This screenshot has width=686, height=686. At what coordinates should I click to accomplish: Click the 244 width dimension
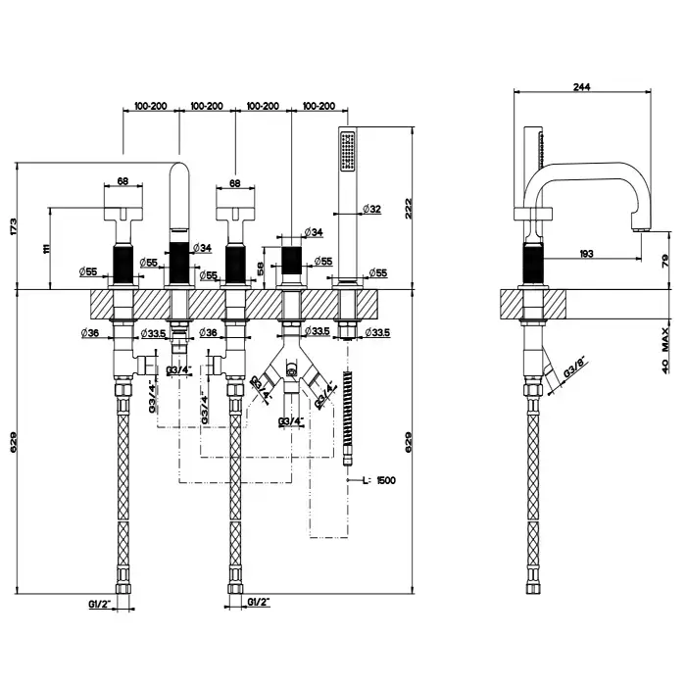point(581,86)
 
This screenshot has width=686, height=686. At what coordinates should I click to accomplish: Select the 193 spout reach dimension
point(585,254)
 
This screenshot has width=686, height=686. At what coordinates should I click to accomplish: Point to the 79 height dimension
point(664,260)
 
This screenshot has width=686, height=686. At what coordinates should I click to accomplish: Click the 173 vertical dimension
point(14,226)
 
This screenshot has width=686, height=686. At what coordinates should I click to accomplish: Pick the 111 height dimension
point(45,249)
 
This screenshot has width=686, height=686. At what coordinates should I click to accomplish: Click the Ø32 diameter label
point(371,209)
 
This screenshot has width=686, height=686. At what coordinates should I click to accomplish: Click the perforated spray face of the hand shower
point(343,151)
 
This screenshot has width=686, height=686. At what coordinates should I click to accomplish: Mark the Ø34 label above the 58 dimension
point(314,232)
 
